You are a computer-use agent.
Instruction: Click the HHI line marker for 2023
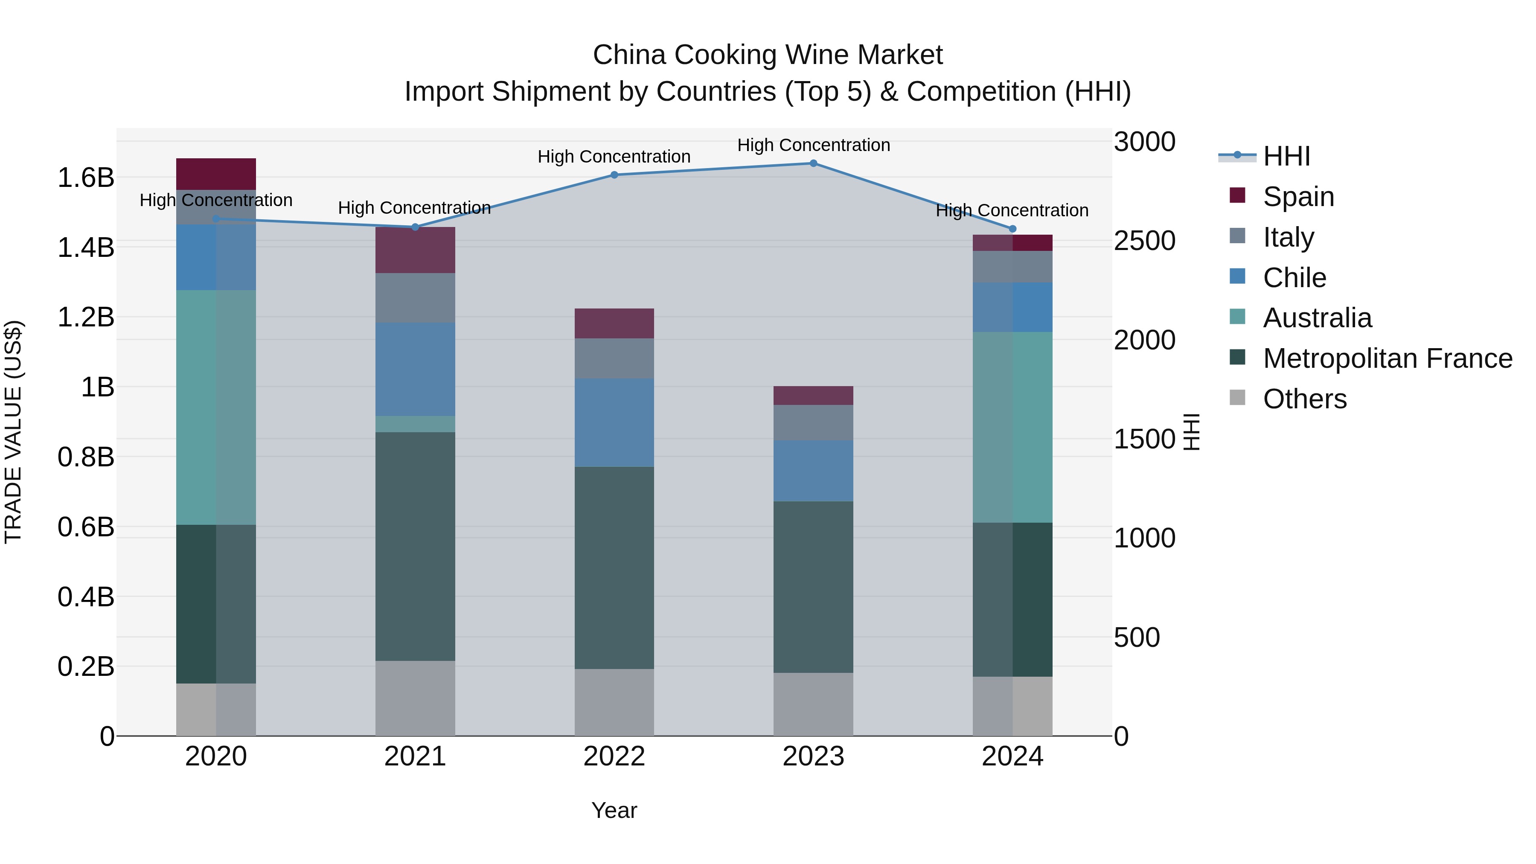[813, 163]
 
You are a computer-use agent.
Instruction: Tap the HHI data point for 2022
[614, 175]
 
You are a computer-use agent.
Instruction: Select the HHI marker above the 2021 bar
[416, 227]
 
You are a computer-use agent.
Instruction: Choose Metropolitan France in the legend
[1387, 358]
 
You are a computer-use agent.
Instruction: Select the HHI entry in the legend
[1286, 156]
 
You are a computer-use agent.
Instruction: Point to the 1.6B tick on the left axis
[86, 177]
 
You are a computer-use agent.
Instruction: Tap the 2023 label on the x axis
[813, 756]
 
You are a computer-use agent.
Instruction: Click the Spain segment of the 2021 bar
[415, 250]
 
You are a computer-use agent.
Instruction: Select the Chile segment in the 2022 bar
[614, 422]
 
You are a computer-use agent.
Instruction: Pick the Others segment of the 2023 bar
[813, 704]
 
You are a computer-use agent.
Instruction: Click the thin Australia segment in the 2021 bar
[415, 424]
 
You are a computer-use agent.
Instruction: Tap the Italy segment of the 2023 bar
[813, 423]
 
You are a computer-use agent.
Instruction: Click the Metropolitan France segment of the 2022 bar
[614, 567]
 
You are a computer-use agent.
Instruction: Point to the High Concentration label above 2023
[813, 145]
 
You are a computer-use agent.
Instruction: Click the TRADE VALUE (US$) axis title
[13, 432]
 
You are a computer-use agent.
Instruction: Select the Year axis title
[614, 810]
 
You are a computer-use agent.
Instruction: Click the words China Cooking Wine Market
[768, 55]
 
